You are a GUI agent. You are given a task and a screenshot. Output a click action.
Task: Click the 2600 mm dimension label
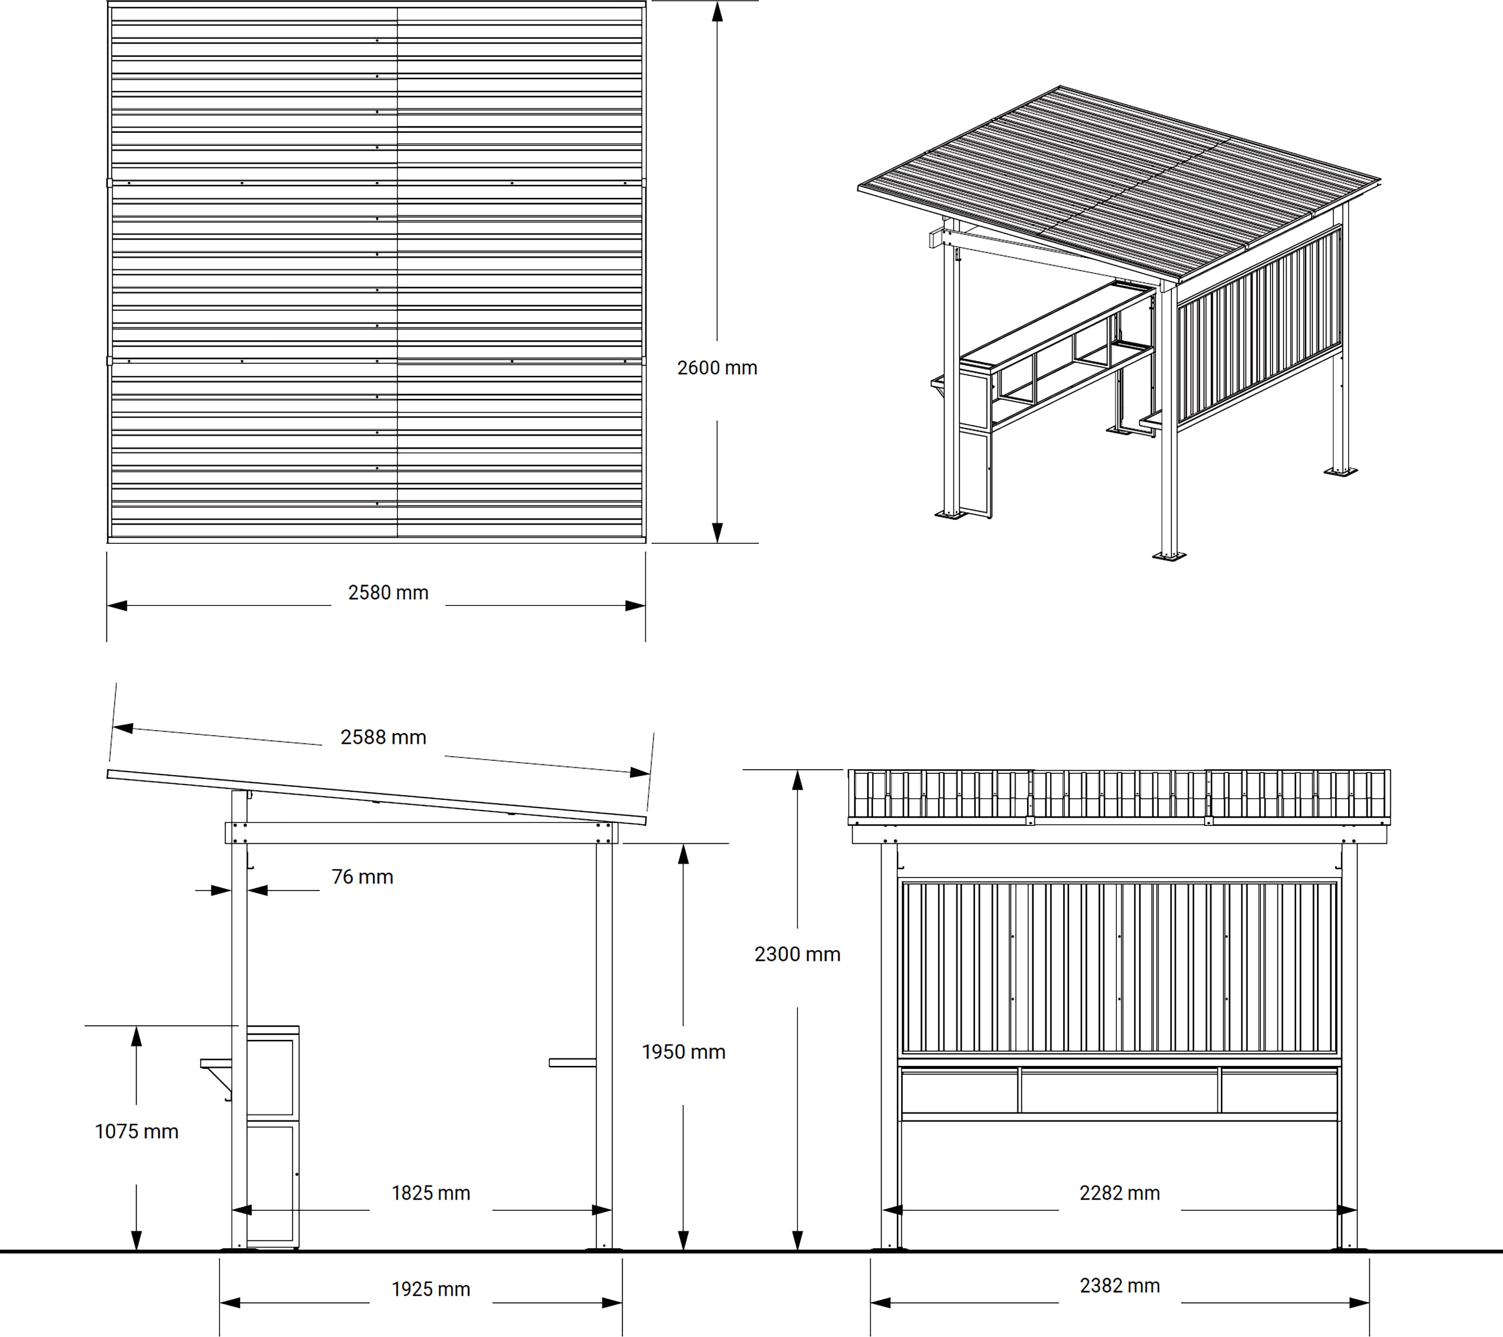pyautogui.click(x=717, y=368)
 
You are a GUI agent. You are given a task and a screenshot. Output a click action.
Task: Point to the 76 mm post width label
pyautogui.click(x=362, y=876)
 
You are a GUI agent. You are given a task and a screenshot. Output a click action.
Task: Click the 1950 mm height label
pyautogui.click(x=683, y=1052)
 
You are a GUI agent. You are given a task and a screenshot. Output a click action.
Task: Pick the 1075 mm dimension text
pyautogui.click(x=137, y=1131)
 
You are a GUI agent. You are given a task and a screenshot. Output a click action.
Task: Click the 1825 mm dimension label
pyautogui.click(x=430, y=1193)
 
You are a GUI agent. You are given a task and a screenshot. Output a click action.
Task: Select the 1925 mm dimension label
pyautogui.click(x=430, y=1289)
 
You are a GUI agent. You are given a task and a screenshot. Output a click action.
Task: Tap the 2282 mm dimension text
pyautogui.click(x=1119, y=1193)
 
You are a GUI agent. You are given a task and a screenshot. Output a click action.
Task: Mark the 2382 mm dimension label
pyautogui.click(x=1119, y=1285)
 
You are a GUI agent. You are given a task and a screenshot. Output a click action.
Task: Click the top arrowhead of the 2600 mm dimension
pyautogui.click(x=717, y=12)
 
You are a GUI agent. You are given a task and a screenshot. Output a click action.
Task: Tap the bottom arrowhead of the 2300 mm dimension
pyautogui.click(x=797, y=1240)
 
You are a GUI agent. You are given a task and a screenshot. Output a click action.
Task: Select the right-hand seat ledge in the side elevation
pyautogui.click(x=572, y=1062)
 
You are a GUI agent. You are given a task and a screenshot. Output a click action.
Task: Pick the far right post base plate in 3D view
pyautogui.click(x=1341, y=471)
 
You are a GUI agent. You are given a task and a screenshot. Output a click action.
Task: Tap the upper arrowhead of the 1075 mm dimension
pyautogui.click(x=136, y=1037)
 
